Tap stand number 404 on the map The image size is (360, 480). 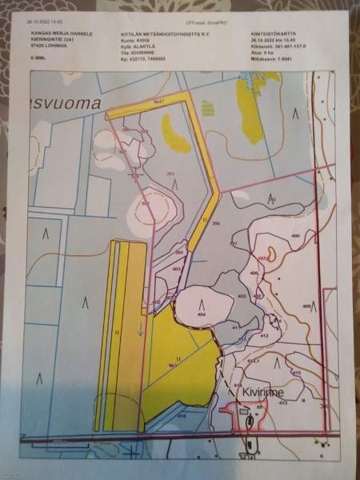coord(202,315)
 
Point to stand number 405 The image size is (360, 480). coord(241,296)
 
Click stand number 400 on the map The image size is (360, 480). coord(295,236)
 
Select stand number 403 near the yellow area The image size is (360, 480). coord(177,270)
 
